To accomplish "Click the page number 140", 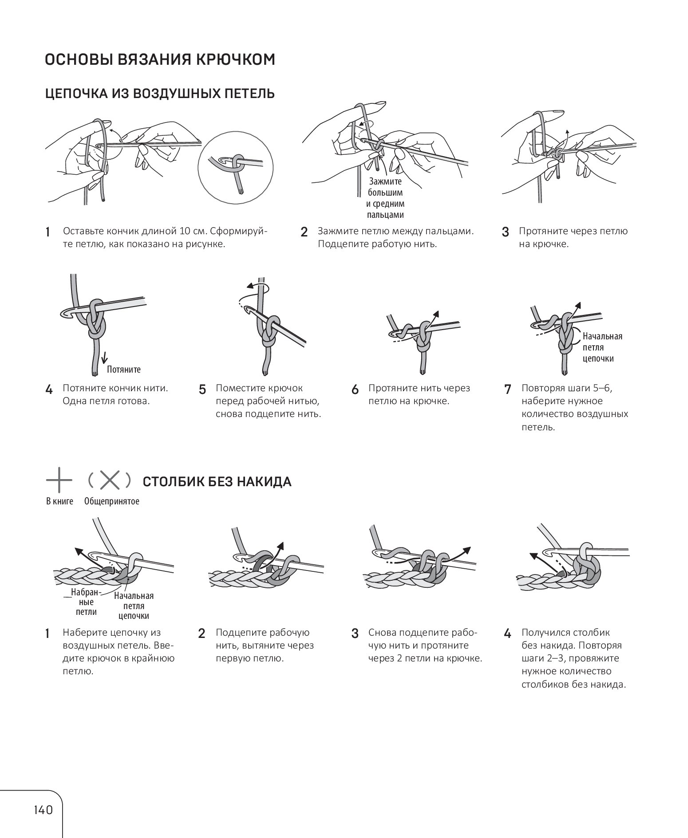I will [43, 810].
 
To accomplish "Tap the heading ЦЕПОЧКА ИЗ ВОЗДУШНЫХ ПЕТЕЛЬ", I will [160, 94].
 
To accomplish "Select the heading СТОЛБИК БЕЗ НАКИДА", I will [217, 482].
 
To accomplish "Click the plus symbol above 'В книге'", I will [59, 480].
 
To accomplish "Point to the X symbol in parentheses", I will [109, 480].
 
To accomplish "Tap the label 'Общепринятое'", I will [112, 501].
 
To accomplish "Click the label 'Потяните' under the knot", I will [123, 369].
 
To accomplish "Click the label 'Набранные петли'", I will [86, 602].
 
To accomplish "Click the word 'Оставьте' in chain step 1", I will [83, 231].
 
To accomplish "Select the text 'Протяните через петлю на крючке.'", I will [573, 237].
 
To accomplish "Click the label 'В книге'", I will [59, 501].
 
